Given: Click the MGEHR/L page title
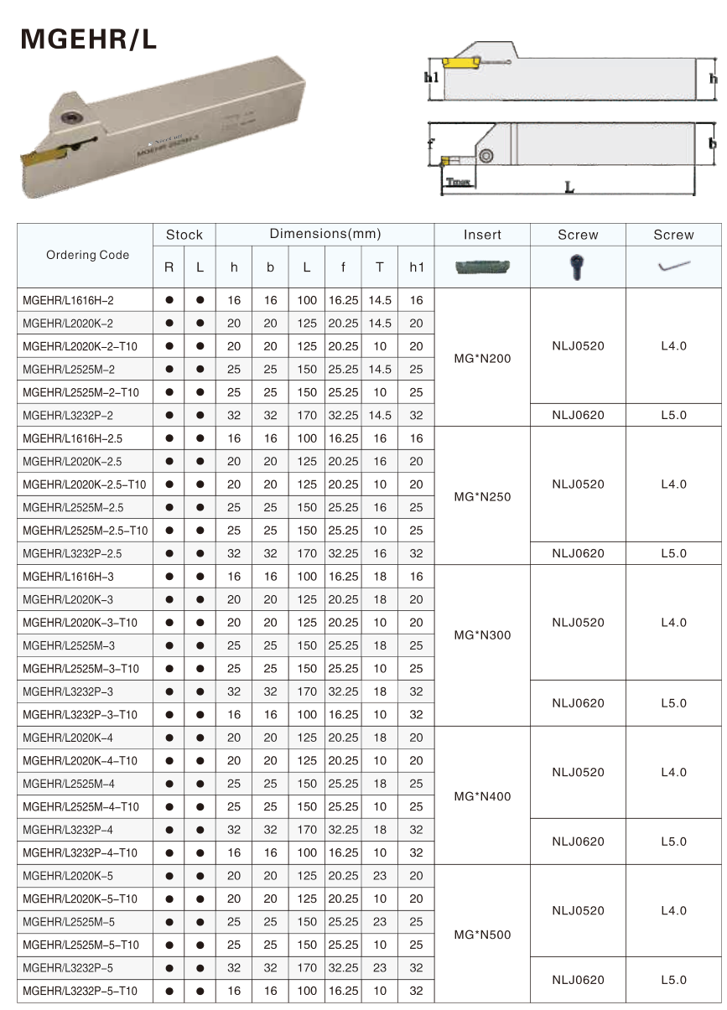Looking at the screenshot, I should [x=88, y=39].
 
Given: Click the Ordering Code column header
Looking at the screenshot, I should [x=87, y=255].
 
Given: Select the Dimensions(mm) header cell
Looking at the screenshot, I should [x=325, y=234].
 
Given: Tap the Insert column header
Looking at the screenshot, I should [x=482, y=235].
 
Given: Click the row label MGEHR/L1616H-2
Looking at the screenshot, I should [x=68, y=300].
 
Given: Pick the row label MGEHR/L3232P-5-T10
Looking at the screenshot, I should [x=80, y=991].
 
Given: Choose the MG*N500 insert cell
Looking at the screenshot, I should [x=482, y=935].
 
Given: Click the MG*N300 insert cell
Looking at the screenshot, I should [x=482, y=635].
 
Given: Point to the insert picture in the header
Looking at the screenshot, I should [x=482, y=267].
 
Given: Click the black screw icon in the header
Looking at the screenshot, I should [x=578, y=267].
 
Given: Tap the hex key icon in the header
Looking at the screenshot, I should [x=673, y=267].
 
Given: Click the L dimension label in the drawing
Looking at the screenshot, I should [x=569, y=189].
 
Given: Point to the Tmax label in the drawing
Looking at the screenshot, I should [x=457, y=180].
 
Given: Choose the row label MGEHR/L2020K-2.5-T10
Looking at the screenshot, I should [x=84, y=484].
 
